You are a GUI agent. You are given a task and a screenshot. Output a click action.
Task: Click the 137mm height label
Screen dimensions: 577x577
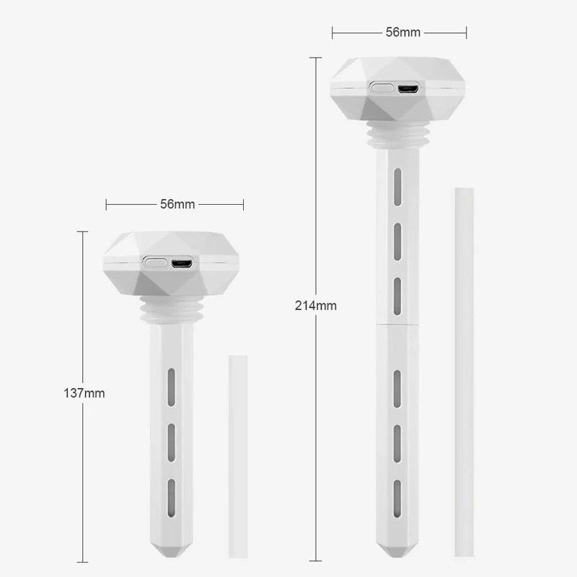click(x=84, y=393)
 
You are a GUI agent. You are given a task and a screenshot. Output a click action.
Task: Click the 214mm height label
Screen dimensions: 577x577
click(x=316, y=305)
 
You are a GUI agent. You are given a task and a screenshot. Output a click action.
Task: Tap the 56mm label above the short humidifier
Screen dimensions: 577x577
click(x=177, y=204)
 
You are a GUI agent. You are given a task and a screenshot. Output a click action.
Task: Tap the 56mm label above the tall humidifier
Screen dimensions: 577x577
click(x=402, y=32)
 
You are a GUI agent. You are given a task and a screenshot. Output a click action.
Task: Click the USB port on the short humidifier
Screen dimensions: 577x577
click(x=181, y=263)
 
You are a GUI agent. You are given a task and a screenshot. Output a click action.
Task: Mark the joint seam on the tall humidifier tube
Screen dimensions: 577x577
click(x=397, y=325)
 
